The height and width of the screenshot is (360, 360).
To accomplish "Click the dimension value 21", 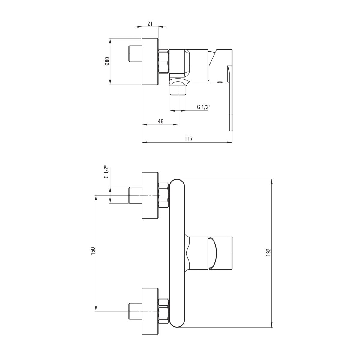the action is coord(150,24).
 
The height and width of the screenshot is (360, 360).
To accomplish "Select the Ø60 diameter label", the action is coord(107,61).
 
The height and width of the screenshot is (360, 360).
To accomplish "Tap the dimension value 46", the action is coord(160,121).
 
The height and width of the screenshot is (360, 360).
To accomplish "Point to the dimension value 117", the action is coord(188,139).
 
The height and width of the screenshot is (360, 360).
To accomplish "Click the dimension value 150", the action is coord(93,250).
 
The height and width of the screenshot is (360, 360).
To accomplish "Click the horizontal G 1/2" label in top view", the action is coord(204,107).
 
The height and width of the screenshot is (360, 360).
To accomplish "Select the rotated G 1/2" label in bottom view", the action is coord(106,172).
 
